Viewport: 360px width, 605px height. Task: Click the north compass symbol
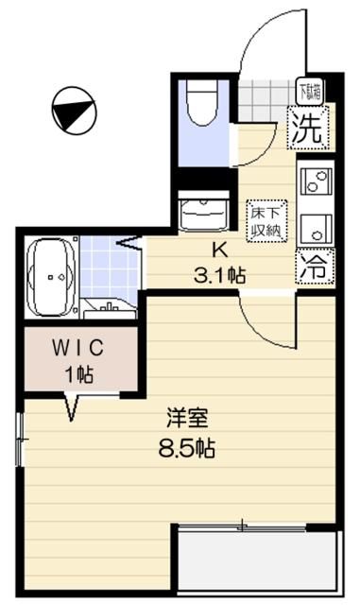click(72, 110)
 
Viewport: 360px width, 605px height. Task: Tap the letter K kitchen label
click(219, 251)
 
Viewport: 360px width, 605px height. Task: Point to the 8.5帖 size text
click(185, 449)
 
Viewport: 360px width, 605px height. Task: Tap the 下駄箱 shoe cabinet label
click(309, 92)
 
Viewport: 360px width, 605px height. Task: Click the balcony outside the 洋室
click(256, 562)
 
